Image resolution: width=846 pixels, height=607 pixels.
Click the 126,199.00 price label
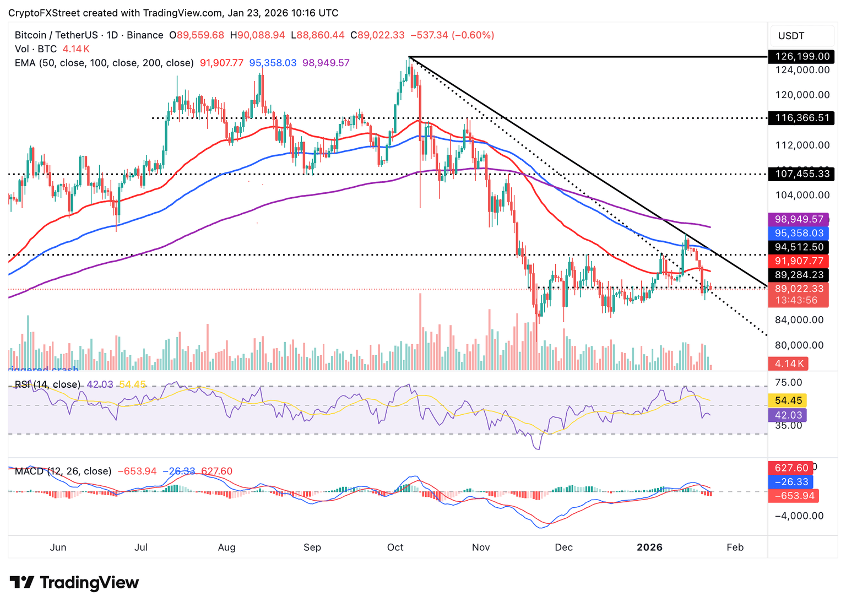click(802, 56)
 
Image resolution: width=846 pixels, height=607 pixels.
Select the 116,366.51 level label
click(802, 118)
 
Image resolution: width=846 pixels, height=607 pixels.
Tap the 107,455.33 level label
click(802, 174)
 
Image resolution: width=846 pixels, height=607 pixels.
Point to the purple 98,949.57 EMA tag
click(799, 219)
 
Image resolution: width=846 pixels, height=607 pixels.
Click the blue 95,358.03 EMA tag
click(799, 233)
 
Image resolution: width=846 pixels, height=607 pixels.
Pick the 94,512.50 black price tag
click(799, 247)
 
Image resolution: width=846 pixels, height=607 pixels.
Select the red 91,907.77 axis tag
click(799, 261)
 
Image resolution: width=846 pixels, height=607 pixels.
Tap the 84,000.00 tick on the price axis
click(799, 320)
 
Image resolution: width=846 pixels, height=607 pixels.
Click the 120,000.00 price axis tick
click(802, 95)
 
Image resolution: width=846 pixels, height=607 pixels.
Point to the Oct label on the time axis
click(395, 548)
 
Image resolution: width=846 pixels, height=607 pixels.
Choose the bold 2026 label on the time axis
click(649, 548)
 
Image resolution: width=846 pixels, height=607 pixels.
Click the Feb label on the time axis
click(735, 548)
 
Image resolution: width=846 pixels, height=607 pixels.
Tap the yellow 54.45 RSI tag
click(788, 400)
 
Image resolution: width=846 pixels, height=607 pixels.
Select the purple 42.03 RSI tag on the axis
click(788, 415)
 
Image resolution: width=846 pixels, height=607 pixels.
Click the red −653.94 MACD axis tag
click(794, 496)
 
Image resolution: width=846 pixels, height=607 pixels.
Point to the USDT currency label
click(791, 36)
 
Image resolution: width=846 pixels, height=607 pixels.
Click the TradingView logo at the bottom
click(74, 583)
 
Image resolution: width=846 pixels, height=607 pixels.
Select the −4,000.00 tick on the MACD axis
click(799, 516)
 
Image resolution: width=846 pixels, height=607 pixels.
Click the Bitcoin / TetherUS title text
click(56, 35)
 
